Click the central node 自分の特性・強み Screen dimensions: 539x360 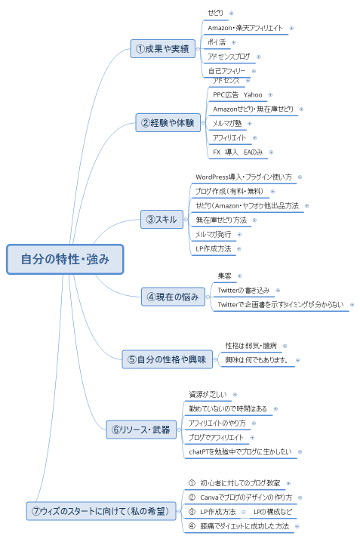pos(65,259)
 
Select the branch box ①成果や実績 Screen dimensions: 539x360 pos(162,49)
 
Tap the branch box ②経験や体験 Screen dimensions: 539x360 pos(168,122)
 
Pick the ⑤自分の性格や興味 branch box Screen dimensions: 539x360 pos(168,359)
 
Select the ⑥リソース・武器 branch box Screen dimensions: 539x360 pos(140,430)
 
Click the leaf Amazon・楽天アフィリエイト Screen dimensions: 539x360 pos(245,28)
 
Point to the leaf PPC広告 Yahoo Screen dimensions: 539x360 pos(237,95)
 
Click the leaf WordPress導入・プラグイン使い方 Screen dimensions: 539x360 pos(244,177)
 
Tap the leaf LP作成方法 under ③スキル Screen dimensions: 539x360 pos(213,248)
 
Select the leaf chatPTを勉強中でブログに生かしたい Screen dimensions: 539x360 pos(240,451)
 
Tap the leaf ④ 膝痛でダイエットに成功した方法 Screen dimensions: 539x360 pos(239,525)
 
